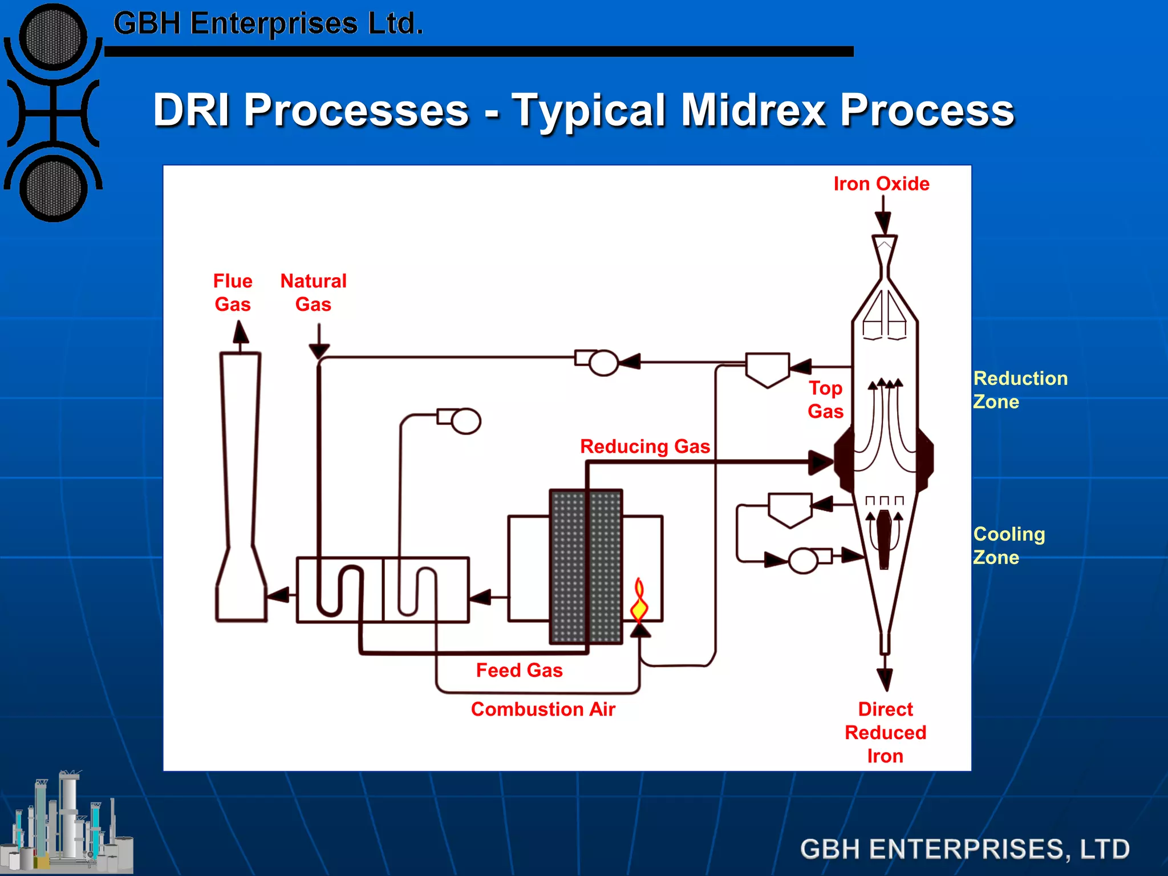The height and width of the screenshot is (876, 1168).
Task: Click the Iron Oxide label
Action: (881, 184)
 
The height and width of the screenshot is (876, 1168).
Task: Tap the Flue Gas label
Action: (233, 293)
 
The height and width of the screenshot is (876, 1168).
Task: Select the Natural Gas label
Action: (313, 293)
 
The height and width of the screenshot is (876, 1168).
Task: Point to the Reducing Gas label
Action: (644, 446)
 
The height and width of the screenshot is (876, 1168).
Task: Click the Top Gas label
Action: (825, 399)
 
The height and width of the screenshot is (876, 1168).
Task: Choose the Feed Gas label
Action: (519, 670)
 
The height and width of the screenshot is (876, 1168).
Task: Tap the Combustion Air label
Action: (543, 709)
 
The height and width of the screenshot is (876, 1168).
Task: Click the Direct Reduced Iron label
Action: (885, 732)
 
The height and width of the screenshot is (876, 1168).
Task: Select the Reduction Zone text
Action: (1020, 390)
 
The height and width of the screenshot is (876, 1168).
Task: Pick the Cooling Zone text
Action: (1008, 545)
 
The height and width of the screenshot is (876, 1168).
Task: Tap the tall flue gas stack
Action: (241, 485)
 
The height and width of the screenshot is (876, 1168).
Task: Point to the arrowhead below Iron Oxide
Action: (883, 222)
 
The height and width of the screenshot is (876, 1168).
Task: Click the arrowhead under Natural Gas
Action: (319, 351)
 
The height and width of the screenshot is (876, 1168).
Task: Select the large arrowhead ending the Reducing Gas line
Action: (820, 462)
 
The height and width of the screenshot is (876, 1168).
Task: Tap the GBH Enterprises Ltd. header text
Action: (268, 24)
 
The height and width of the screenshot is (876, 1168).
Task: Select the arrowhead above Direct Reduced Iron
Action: (885, 679)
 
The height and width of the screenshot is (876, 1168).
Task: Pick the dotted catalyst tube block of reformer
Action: (586, 566)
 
